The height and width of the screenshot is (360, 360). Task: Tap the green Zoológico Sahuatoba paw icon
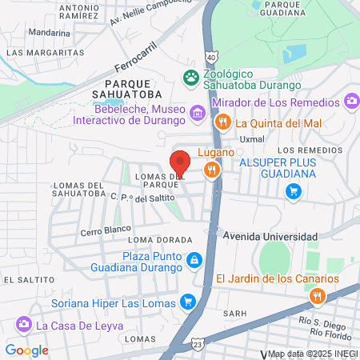tap(191, 78)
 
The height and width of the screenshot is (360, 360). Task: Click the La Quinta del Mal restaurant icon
tap(222, 122)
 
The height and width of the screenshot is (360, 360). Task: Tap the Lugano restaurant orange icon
tap(211, 169)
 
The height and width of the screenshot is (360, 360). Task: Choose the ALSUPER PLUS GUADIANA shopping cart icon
tap(294, 190)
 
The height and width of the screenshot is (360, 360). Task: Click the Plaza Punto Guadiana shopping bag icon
tap(194, 261)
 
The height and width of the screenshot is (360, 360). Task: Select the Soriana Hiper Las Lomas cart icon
tap(188, 302)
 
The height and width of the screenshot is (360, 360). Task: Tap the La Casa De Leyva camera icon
tap(23, 325)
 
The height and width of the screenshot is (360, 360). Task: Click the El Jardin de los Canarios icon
tap(318, 296)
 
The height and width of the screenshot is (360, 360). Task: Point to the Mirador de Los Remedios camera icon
tap(350, 101)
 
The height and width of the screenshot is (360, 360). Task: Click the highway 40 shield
tap(210, 58)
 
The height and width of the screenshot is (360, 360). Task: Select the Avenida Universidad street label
tap(270, 237)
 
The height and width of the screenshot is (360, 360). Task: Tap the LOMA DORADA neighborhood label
tap(160, 239)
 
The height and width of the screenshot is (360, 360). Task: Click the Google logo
tap(26, 350)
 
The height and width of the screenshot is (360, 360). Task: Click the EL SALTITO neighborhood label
tap(26, 279)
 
